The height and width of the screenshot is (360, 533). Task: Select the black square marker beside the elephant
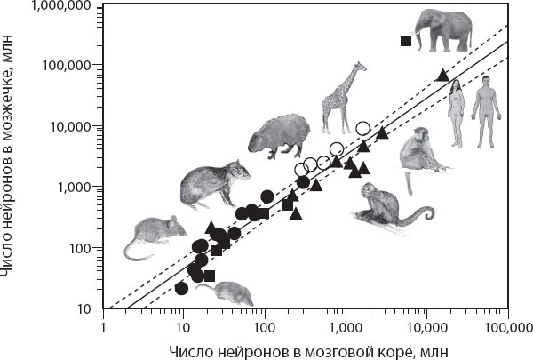(406, 41)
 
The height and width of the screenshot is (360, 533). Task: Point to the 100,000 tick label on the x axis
(507, 325)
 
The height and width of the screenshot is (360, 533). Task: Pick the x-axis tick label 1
(103, 325)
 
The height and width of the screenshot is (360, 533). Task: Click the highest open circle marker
(362, 128)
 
